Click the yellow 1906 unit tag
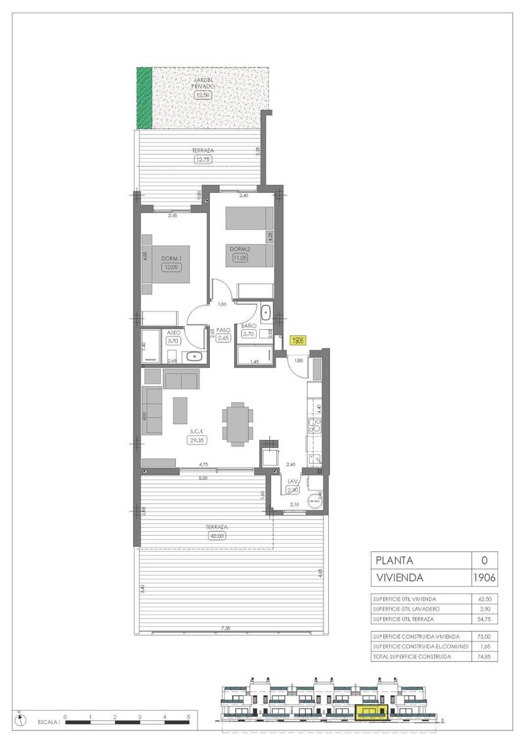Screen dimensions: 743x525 pos(298,340)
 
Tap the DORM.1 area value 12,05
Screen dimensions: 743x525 pos(171,268)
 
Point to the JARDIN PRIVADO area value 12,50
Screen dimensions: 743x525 pos(203,95)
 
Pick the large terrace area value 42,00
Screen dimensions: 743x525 pos(216,536)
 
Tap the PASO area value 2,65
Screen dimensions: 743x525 pos(222,338)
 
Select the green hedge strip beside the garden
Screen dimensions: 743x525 pos(144,98)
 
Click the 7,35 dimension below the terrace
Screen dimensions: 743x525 pos(226,628)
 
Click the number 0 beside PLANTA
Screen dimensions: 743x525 pos(484,561)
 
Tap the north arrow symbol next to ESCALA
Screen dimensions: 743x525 pos(23,719)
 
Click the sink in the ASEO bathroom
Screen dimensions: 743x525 pos(195,357)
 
